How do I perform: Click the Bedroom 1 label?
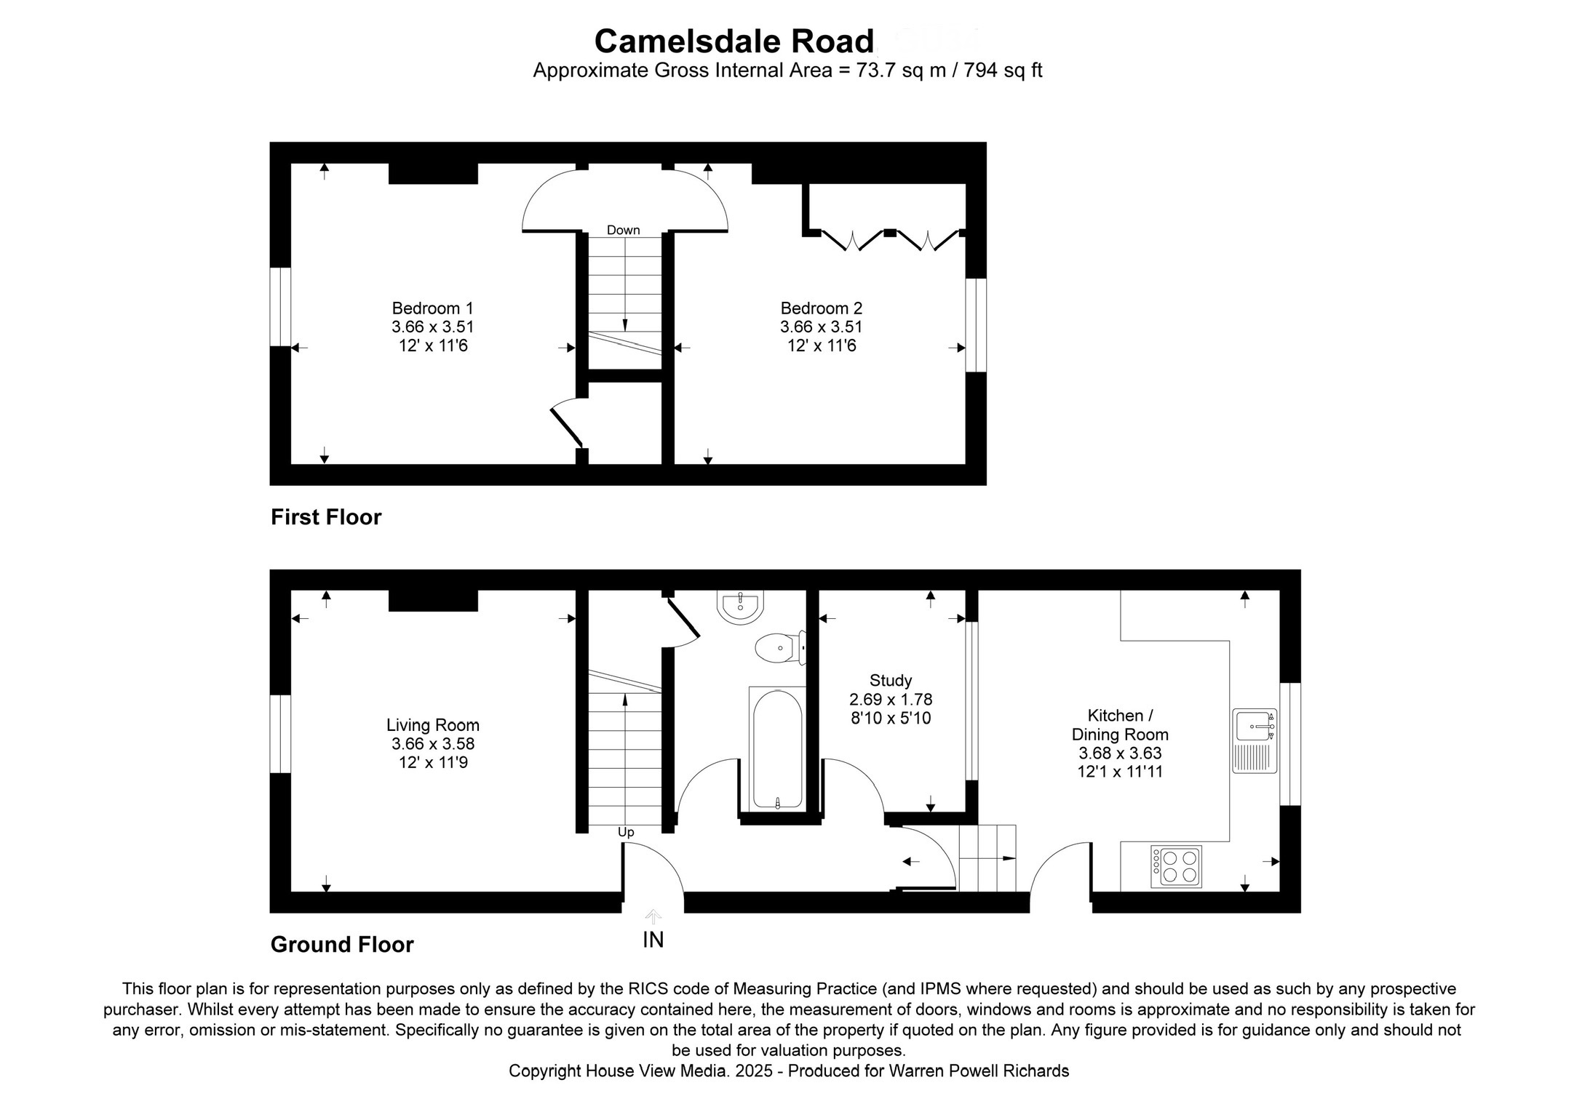432,308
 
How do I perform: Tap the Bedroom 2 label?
821,308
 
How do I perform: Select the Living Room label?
432,725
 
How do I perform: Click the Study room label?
891,681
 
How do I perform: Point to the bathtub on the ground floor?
777,749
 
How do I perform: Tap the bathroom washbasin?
741,605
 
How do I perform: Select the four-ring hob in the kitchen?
1176,866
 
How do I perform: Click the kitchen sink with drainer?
1255,740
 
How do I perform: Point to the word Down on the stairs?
624,231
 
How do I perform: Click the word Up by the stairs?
626,833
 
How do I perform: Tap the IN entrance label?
653,940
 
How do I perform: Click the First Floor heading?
326,517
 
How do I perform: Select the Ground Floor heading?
342,945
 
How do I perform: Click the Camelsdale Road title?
734,41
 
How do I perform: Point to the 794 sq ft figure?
1003,71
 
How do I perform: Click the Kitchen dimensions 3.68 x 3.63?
1120,753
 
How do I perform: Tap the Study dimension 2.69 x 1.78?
891,700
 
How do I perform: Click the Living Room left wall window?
280,734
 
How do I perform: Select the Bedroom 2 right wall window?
976,325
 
